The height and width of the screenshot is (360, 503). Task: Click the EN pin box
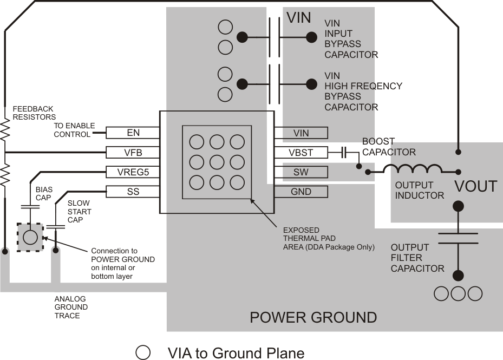click(x=133, y=133)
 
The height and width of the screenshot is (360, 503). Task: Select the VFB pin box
click(x=133, y=152)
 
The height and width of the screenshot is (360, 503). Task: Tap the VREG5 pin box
click(x=133, y=172)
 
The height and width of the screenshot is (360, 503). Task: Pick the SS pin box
click(x=133, y=192)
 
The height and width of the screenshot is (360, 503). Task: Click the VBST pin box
click(x=301, y=153)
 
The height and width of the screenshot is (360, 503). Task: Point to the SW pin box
click(x=301, y=172)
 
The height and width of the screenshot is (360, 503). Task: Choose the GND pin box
click(x=301, y=192)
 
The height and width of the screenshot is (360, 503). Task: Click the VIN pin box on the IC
click(x=301, y=133)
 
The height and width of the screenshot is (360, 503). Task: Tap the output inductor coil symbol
click(x=413, y=169)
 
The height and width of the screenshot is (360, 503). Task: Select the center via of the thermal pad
click(x=217, y=162)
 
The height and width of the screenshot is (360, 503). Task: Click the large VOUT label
click(x=475, y=187)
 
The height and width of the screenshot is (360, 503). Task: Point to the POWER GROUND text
click(x=313, y=317)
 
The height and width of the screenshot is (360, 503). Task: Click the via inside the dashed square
click(x=30, y=237)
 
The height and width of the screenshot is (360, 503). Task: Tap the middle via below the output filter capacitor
click(x=458, y=293)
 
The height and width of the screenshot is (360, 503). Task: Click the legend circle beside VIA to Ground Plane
click(x=143, y=353)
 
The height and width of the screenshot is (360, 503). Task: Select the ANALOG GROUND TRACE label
click(x=70, y=307)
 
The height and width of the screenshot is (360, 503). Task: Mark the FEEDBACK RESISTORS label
click(x=35, y=113)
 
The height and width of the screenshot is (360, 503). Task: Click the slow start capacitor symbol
click(x=55, y=226)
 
